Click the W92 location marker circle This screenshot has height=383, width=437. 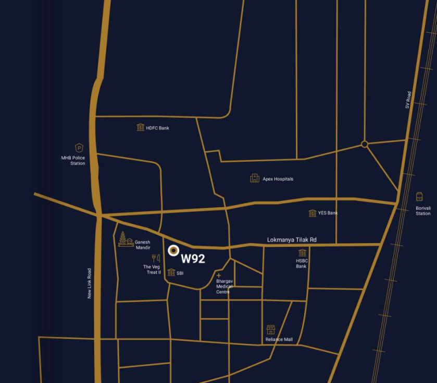click(173, 251)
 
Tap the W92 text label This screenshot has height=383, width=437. click(193, 258)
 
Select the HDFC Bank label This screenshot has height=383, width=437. click(157, 128)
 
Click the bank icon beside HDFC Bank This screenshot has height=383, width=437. click(140, 127)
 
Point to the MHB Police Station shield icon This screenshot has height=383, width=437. click(79, 148)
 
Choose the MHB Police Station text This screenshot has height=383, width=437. click(73, 161)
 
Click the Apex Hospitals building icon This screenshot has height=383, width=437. click(255, 178)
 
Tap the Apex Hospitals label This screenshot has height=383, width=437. click(278, 179)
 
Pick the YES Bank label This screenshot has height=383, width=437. click(328, 213)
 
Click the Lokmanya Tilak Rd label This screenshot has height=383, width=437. click(292, 240)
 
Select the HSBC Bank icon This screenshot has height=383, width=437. click(302, 253)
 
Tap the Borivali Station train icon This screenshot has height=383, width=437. click(419, 197)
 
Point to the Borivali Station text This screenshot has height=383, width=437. click(423, 211)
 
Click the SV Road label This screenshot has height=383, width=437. click(409, 100)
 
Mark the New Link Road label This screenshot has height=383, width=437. click(90, 283)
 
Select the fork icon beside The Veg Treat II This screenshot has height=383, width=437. click(155, 258)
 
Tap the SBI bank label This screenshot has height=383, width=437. click(180, 273)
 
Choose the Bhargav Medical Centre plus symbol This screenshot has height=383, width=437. click(219, 276)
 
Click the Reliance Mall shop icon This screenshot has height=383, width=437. click(271, 330)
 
